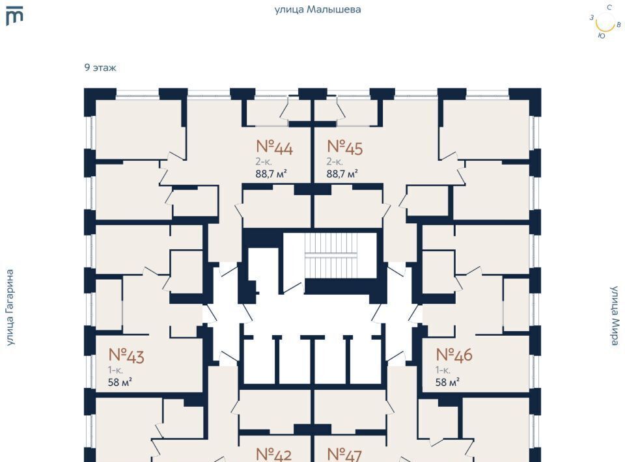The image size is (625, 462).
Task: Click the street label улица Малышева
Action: tap(318, 9)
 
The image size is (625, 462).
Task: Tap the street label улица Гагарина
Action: tap(10, 307)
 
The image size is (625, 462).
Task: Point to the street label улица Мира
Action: tap(615, 316)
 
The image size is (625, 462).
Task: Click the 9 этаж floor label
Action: tap(100, 67)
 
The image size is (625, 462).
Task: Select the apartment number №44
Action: tap(274, 148)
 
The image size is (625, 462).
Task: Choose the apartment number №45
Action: tap(344, 148)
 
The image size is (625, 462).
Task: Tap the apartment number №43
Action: tap(126, 355)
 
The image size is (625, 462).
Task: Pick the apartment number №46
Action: tap(454, 355)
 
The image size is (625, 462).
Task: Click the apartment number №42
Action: tap(273, 454)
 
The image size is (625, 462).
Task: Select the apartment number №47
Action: tap(344, 454)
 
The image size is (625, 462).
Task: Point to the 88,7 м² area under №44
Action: tap(271, 174)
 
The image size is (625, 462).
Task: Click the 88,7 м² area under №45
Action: tap(342, 174)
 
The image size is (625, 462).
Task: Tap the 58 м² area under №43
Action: tap(120, 382)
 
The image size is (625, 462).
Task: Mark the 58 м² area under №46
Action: tap(447, 382)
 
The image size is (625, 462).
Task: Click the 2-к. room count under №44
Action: tap(263, 161)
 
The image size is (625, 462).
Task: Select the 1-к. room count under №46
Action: tap(443, 370)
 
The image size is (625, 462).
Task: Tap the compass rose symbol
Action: tap(605, 22)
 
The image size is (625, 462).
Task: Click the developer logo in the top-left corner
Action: tap(14, 16)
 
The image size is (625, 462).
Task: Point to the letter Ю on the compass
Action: tap(601, 36)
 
